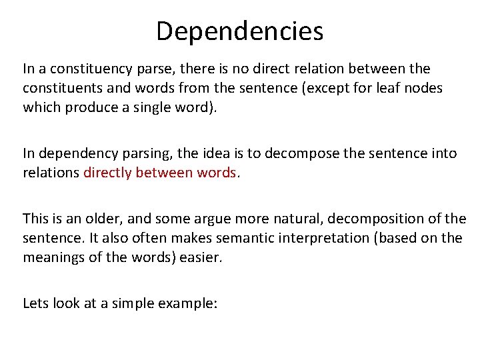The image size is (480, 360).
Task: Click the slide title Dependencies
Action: point(239,31)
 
